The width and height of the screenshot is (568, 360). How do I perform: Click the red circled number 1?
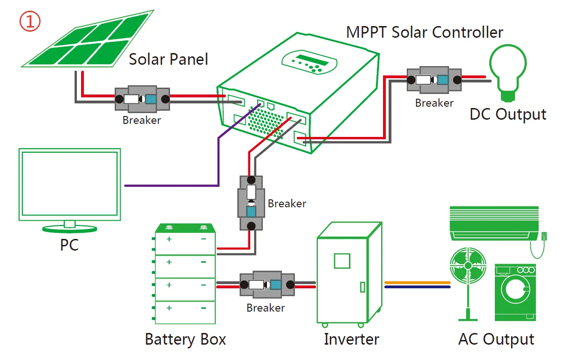tap(30, 21)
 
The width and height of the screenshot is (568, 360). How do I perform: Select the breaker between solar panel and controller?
tap(142, 99)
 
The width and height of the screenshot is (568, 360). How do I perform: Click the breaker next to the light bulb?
tap(434, 80)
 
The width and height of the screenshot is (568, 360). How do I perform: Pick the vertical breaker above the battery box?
tap(251, 203)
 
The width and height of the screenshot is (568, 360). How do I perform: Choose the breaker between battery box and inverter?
tap(267, 285)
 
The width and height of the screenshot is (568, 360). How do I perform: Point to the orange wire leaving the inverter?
tap(417, 282)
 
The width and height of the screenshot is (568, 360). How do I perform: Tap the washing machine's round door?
tap(515, 289)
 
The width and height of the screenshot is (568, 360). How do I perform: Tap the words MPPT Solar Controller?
tap(424, 33)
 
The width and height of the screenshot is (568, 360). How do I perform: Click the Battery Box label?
tap(185, 339)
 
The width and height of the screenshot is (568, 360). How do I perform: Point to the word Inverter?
tap(351, 339)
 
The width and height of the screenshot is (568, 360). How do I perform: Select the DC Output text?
tap(508, 115)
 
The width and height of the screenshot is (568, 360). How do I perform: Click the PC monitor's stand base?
tap(69, 229)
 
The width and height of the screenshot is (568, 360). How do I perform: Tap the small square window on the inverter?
tap(342, 261)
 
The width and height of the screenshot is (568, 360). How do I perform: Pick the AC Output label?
tap(496, 339)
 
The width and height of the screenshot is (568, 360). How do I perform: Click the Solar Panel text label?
tap(168, 59)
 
